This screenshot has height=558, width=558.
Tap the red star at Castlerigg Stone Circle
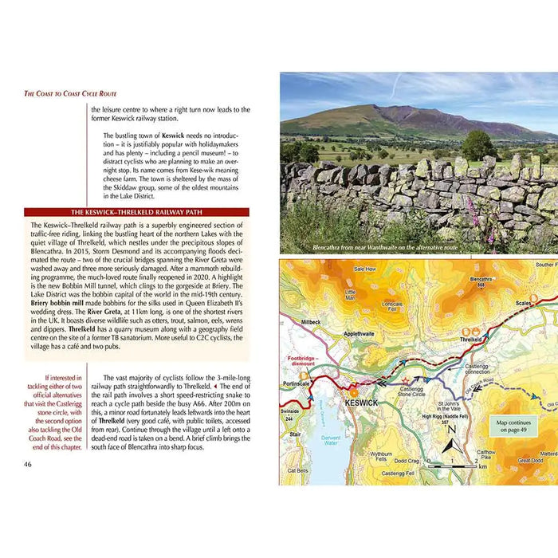(x=407, y=381)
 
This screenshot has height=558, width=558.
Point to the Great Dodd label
(x=529, y=460)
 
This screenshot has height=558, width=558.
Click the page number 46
(x=28, y=464)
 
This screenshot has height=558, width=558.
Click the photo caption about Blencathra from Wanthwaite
(x=386, y=248)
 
